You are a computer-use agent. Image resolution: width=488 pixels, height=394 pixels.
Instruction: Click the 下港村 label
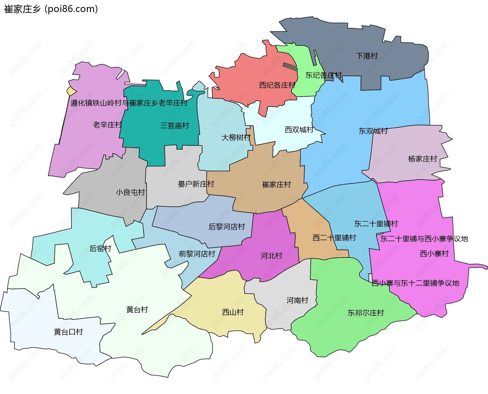point(367,56)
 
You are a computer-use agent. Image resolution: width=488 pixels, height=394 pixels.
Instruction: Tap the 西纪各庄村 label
point(277,85)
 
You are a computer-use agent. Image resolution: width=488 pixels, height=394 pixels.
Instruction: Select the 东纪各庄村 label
point(323,75)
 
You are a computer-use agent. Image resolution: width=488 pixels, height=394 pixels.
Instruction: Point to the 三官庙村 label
point(175,125)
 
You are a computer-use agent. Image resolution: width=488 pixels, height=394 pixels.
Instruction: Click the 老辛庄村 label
point(107,125)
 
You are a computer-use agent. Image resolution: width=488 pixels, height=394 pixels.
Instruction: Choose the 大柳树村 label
point(236,138)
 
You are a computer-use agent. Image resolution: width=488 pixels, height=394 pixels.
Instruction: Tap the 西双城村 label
point(299,130)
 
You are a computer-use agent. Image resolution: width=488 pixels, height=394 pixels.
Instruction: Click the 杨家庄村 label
point(422,159)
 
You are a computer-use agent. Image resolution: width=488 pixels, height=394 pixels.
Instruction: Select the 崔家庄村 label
point(276,185)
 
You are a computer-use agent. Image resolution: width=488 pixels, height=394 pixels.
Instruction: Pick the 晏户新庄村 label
point(196,184)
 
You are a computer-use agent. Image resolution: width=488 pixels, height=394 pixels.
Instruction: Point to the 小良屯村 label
point(130,192)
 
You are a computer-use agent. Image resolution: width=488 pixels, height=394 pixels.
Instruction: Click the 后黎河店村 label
point(226,227)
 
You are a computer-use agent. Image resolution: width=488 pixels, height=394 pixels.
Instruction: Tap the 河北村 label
point(271,256)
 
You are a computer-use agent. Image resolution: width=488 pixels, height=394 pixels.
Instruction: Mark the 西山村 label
point(233,312)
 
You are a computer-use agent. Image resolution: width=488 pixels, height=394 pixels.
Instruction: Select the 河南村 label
point(297,301)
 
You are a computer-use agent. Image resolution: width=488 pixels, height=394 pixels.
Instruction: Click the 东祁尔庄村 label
point(365,313)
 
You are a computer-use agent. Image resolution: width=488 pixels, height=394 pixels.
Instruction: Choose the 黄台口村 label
point(68,332)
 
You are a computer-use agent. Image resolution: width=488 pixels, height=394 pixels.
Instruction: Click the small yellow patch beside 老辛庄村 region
point(71,91)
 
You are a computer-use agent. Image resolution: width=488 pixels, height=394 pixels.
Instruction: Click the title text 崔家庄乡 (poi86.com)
point(51,9)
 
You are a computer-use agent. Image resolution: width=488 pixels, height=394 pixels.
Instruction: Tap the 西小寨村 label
point(434,254)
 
